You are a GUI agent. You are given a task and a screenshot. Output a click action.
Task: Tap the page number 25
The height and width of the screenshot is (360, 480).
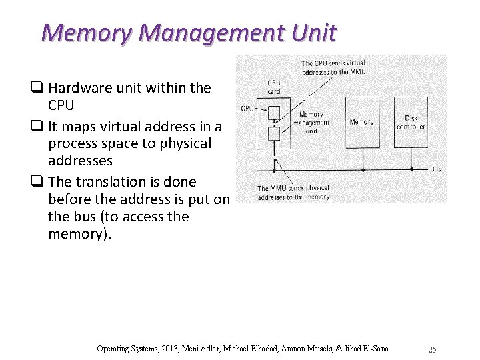coord(432,349)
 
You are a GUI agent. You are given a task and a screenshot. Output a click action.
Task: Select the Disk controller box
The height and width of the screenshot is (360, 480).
coord(411,122)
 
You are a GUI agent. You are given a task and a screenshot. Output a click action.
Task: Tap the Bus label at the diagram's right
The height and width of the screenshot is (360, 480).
coord(435,169)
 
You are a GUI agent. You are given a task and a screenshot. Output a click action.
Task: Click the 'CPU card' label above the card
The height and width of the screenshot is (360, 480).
coord(273,87)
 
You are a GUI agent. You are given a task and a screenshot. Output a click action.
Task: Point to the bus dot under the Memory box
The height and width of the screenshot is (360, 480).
coord(362,169)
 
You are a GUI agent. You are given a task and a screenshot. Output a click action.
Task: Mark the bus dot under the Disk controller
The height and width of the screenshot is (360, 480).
coord(411,169)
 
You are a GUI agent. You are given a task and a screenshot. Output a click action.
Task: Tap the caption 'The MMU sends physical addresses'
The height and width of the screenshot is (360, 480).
coord(293,193)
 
